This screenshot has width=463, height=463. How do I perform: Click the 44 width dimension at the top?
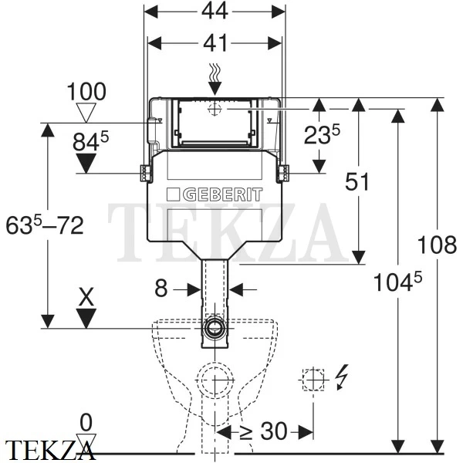pos(215,11)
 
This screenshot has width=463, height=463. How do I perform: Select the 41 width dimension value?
pos(215,42)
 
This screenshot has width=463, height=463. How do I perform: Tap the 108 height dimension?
pos(437,245)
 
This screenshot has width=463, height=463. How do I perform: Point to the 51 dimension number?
pos(357,181)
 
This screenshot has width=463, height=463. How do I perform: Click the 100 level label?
pos(86,91)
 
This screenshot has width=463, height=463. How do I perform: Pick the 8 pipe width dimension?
pos(161,289)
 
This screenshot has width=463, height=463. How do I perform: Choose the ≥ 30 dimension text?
pos(263,431)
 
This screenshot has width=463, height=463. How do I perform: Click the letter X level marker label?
pos(86,297)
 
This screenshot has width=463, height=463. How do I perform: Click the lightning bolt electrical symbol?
pos(343,377)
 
